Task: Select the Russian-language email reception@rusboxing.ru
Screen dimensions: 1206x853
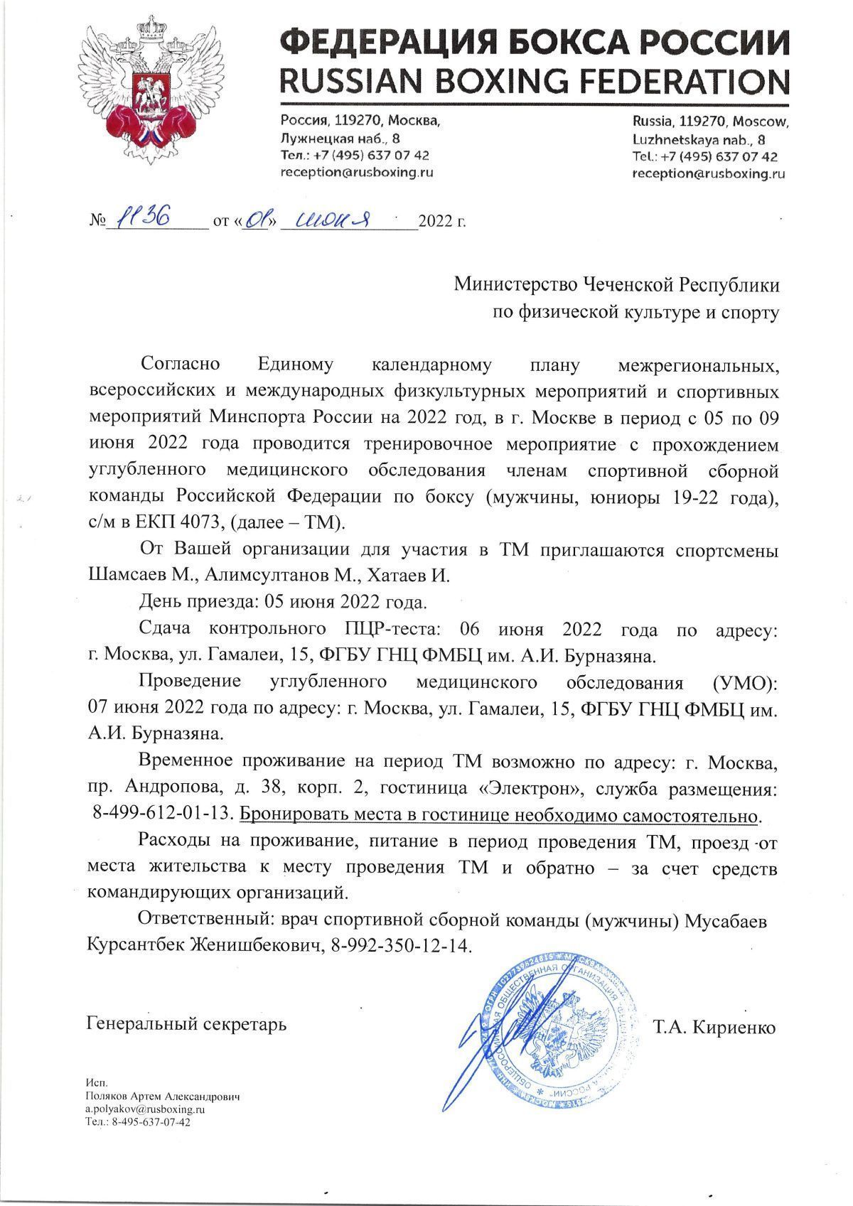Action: point(356,173)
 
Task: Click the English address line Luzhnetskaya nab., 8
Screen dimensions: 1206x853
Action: point(698,139)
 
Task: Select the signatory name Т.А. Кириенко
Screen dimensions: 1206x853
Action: point(714,1028)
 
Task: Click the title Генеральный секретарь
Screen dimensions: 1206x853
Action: point(186,1024)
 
